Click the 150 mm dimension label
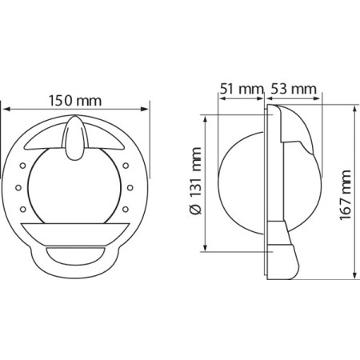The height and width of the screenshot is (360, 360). [75, 101]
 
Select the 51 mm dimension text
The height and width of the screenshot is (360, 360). [242, 89]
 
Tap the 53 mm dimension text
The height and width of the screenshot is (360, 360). [294, 89]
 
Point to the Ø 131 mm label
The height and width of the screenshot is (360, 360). [195, 181]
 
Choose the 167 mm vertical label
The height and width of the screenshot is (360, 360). [346, 195]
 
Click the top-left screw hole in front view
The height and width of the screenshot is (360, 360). [23, 166]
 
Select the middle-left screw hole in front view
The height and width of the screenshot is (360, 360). [18, 188]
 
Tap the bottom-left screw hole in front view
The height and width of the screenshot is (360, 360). [23, 210]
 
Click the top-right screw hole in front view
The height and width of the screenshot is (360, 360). [126, 166]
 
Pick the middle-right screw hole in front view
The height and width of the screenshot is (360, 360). [130, 188]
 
